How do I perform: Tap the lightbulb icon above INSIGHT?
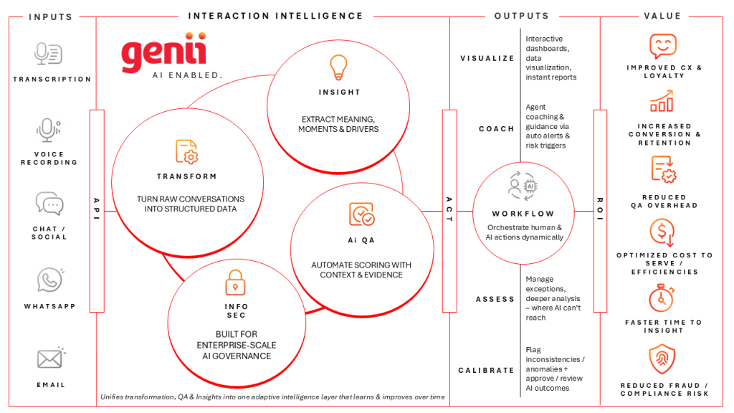point(338,67)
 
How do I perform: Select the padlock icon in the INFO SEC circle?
point(235,283)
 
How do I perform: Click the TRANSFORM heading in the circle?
point(186,176)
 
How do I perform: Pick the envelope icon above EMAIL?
point(51,359)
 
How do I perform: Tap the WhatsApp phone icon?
point(50,280)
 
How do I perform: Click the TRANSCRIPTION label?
point(52,79)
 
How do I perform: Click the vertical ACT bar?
point(449,210)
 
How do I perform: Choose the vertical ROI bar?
point(600,210)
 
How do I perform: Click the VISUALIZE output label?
point(487,58)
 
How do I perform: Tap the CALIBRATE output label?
point(487,370)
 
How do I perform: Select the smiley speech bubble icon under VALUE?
point(662,47)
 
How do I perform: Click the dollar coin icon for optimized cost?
point(661,232)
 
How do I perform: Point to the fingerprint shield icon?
point(661,359)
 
